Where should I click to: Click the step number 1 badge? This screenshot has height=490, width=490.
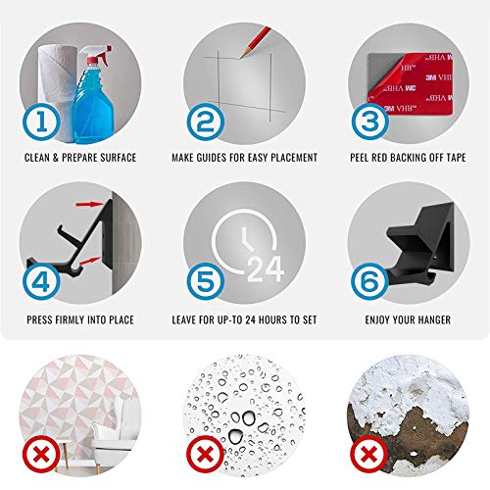click(x=41, y=122)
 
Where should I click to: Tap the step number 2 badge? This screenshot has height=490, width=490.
click(x=206, y=122)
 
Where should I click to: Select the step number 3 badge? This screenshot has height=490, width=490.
click(x=369, y=122)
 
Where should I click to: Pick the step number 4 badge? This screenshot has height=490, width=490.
click(x=41, y=281)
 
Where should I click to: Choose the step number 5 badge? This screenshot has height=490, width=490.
click(x=206, y=281)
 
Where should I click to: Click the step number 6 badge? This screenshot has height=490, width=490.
click(x=369, y=281)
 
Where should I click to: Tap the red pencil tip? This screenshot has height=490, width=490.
click(x=242, y=56)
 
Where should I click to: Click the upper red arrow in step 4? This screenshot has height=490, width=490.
click(x=89, y=205)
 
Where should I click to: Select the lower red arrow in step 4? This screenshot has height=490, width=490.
click(x=89, y=261)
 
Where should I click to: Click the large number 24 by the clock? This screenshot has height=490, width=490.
click(x=266, y=269)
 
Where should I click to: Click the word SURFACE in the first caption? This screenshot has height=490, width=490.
click(x=118, y=158)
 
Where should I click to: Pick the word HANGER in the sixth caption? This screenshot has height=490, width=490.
click(x=434, y=319)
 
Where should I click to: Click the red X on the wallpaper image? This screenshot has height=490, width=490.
click(x=41, y=454)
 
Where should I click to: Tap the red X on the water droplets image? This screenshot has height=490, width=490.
click(x=205, y=454)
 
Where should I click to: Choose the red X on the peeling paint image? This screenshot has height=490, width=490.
click(x=369, y=454)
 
